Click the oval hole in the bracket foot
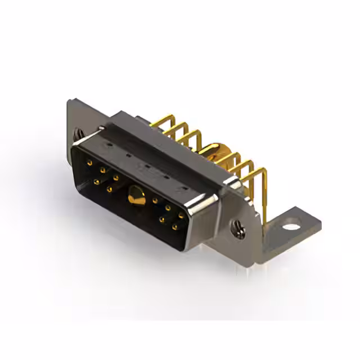(291, 228)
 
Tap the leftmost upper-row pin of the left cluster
(90, 163)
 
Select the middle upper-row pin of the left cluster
(103, 170)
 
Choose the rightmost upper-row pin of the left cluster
(116, 178)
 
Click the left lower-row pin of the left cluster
(97, 182)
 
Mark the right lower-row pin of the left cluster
(110, 189)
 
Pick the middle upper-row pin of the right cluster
(168, 208)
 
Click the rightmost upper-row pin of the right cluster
(181, 215)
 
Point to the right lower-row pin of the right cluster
(175, 227)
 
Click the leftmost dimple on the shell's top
(128, 154)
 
